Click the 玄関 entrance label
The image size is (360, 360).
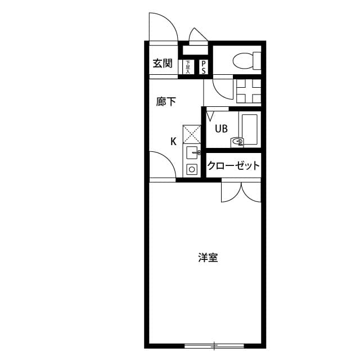[163, 64]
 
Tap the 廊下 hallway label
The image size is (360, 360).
[166, 102]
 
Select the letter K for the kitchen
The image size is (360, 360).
[174, 141]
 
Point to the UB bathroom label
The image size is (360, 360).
[220, 129]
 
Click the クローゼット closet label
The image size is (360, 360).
[233, 166]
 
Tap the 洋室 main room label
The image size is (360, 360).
[208, 258]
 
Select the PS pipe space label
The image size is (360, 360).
[203, 67]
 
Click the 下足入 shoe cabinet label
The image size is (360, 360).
[188, 67]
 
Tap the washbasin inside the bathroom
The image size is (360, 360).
[238, 142]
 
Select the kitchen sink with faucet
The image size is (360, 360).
[192, 152]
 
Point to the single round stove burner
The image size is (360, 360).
[192, 169]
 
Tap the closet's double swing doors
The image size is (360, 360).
[241, 192]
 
